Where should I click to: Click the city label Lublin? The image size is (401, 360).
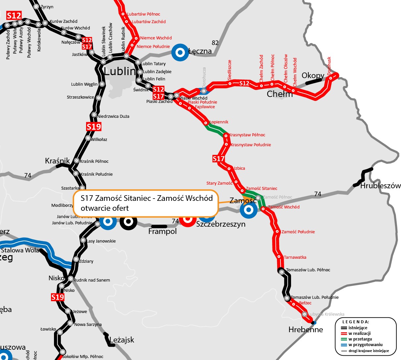120,71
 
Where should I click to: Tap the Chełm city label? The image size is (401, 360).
280,94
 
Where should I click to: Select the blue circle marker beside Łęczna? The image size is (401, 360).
180,52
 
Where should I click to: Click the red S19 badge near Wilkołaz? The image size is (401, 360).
94,127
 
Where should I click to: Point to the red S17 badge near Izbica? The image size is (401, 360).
219,159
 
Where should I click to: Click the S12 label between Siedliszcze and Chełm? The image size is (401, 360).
244,83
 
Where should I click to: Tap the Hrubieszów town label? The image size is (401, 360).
380,186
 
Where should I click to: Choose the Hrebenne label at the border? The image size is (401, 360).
306,330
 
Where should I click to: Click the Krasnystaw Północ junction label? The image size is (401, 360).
247,135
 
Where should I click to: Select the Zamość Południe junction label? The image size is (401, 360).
298,232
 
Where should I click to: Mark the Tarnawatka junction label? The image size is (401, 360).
295,257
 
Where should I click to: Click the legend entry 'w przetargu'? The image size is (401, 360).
360,339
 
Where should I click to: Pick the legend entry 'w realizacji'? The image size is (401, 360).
359,334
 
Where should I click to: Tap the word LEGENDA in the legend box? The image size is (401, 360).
356,322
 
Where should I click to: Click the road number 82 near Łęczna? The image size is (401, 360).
215,43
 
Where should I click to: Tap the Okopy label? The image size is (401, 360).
313,75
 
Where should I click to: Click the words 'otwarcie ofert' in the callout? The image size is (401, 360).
105,208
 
